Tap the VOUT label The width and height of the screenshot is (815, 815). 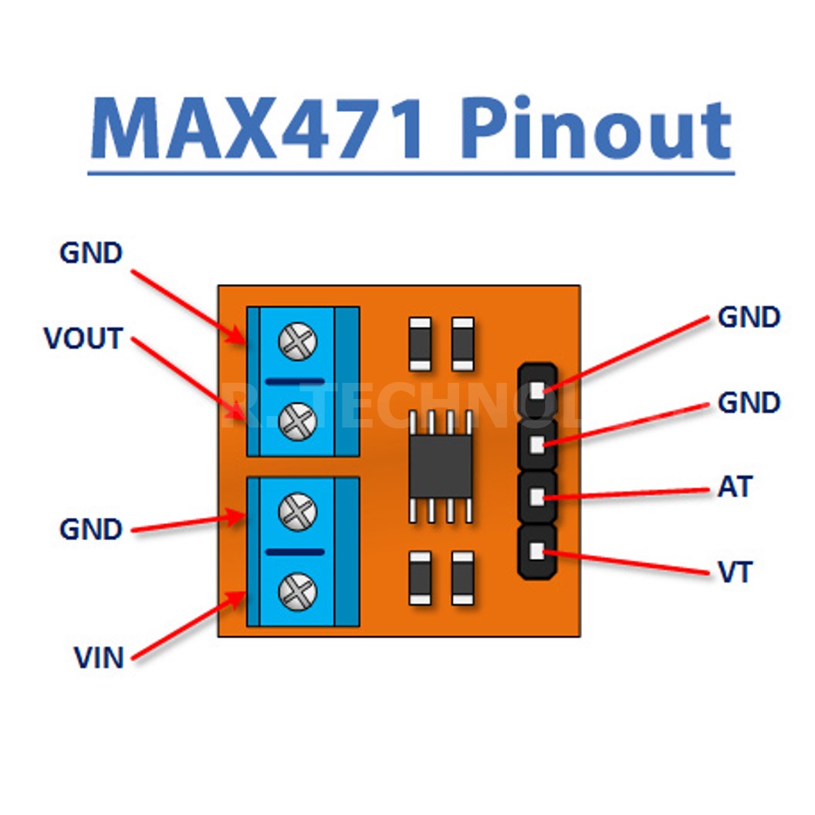pyautogui.click(x=83, y=338)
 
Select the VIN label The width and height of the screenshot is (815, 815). pyautogui.click(x=99, y=658)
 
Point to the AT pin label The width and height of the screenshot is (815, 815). pyautogui.click(x=734, y=487)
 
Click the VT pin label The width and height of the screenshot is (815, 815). pyautogui.click(x=734, y=573)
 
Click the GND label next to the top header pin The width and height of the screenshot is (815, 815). pyautogui.click(x=749, y=317)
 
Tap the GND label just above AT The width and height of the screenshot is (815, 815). pyautogui.click(x=749, y=402)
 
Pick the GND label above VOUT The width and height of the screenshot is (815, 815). pyautogui.click(x=91, y=253)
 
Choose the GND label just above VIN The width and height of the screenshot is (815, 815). pyautogui.click(x=91, y=529)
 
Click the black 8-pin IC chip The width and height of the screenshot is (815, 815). pyautogui.click(x=440, y=467)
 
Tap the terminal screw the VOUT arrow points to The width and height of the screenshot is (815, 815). pyautogui.click(x=297, y=421)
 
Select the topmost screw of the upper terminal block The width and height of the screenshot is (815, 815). pyautogui.click(x=297, y=343)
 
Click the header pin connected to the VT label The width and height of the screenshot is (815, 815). pyautogui.click(x=537, y=551)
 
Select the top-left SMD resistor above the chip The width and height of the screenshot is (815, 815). pyautogui.click(x=420, y=343)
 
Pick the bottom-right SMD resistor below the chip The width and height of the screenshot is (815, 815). pyautogui.click(x=463, y=577)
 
